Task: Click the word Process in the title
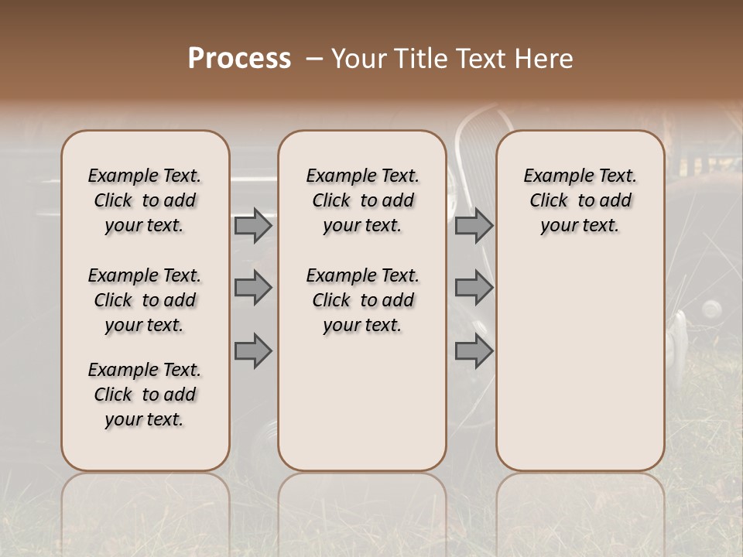(239, 59)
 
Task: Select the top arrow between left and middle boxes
(253, 226)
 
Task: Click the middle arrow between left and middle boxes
(253, 288)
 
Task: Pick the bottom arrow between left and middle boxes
(253, 351)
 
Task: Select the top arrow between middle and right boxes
(474, 226)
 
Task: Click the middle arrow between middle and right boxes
(474, 288)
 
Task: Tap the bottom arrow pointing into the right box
(474, 351)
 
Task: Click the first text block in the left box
(145, 200)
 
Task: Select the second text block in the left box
(145, 300)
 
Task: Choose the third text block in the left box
(145, 395)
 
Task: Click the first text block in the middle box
(362, 200)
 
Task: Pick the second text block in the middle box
(362, 300)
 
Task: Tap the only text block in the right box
(580, 200)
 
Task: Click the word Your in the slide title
(358, 59)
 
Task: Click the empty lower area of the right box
(580, 371)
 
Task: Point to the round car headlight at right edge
(710, 309)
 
